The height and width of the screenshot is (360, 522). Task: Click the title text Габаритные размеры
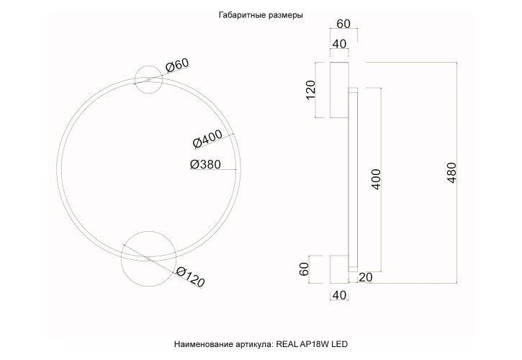(260, 15)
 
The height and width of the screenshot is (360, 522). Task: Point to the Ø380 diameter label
(205, 164)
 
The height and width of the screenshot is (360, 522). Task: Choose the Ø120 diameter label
(190, 276)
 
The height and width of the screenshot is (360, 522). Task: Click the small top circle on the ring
(148, 79)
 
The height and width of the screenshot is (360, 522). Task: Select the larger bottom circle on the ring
(148, 258)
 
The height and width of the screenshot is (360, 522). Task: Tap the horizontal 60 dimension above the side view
(343, 24)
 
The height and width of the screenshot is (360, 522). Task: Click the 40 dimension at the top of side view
(339, 45)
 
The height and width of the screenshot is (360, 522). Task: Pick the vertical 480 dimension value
(452, 174)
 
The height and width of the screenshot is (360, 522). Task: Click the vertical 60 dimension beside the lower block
(305, 270)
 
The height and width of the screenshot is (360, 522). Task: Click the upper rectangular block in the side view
(339, 89)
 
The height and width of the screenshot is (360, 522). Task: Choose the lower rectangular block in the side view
(339, 269)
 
